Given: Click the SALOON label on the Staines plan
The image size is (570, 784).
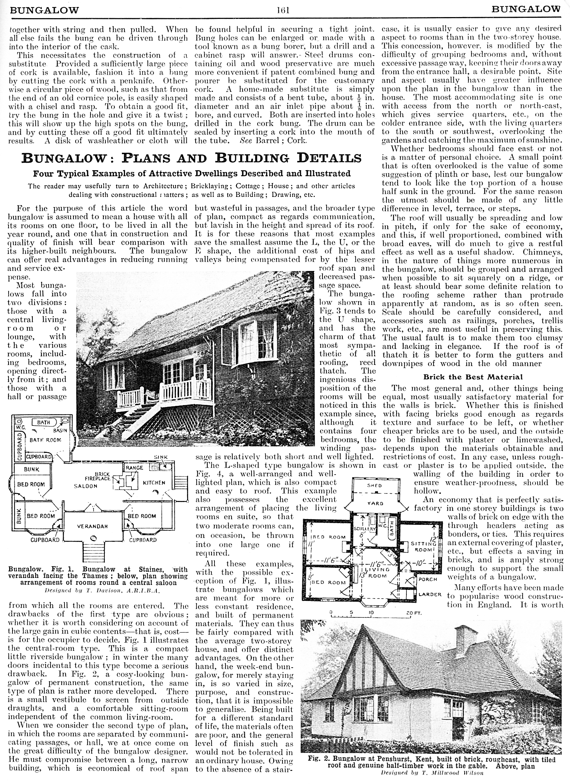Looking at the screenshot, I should click(85, 486).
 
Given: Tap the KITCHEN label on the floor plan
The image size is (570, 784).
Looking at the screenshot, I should click(154, 483).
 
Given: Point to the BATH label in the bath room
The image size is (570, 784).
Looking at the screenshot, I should click(43, 423).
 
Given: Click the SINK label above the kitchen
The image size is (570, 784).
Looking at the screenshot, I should click(161, 457).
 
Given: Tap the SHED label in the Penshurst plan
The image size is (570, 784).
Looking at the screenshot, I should click(374, 485).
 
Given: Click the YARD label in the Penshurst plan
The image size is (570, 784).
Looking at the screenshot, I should click(375, 503).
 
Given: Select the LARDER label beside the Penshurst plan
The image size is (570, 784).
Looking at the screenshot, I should click(430, 594).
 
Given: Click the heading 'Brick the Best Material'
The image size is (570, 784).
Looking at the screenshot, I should click(472, 377).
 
